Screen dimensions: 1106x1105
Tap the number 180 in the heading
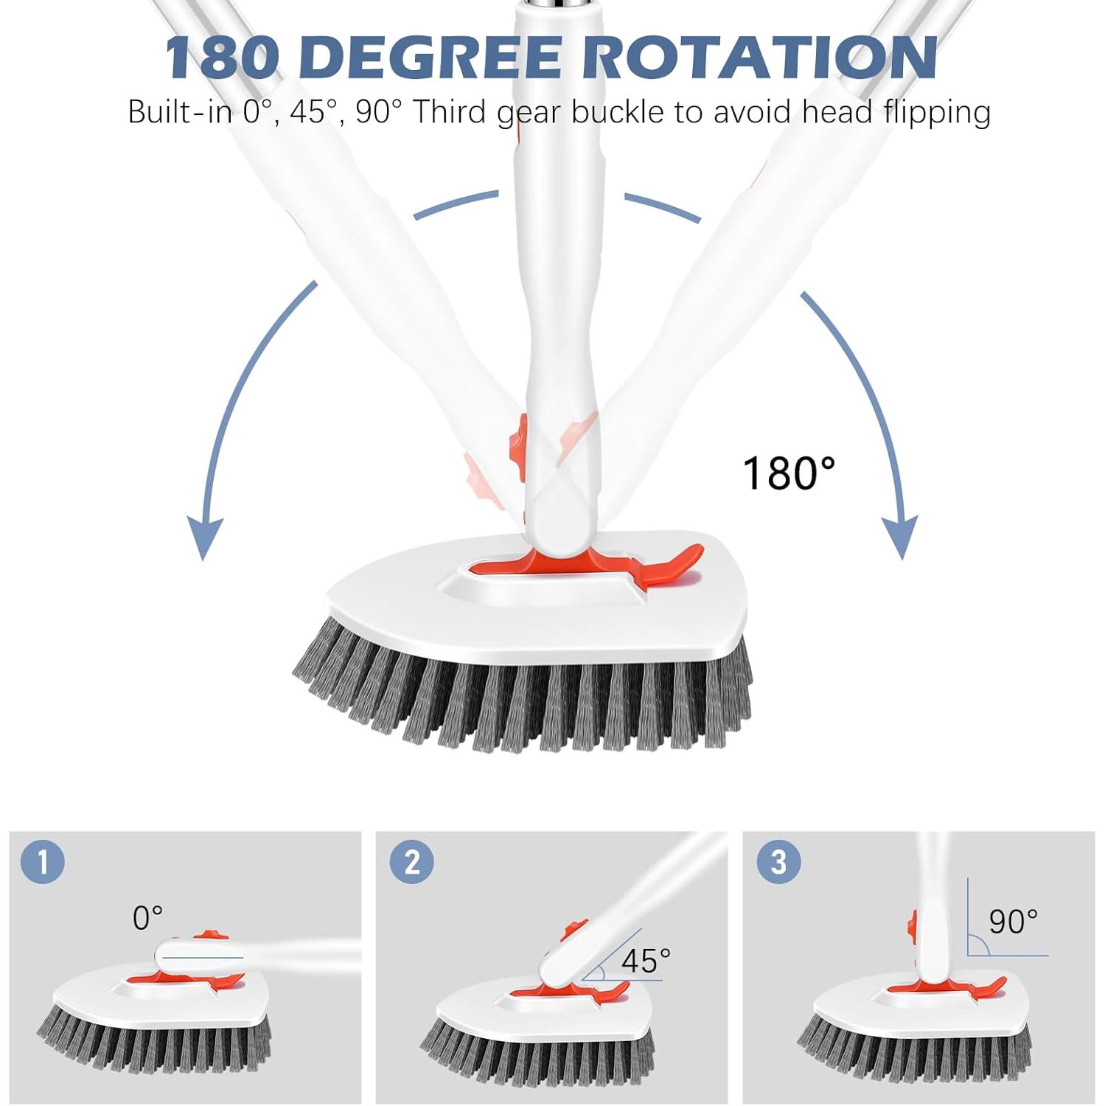pyautogui.click(x=222, y=57)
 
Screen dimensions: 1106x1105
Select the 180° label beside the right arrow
pyautogui.click(x=788, y=473)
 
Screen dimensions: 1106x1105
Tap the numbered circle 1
pyautogui.click(x=43, y=861)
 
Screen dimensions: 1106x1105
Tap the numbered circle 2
pyautogui.click(x=411, y=861)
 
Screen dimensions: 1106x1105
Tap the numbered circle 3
pyautogui.click(x=778, y=861)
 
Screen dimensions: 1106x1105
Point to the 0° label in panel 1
pyautogui.click(x=147, y=918)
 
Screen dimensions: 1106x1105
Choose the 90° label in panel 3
pyautogui.click(x=1013, y=922)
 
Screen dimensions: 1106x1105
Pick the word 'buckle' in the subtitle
pyautogui.click(x=618, y=112)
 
